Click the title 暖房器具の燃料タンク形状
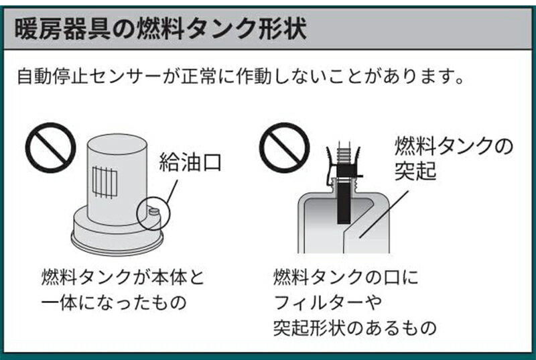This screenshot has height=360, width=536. (160, 29)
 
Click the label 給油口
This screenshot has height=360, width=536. (190, 162)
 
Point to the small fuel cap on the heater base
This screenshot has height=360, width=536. (154, 213)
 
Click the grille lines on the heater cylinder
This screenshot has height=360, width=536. (105, 182)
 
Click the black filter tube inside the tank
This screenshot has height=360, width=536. (344, 202)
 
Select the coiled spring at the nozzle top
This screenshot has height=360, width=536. (344, 154)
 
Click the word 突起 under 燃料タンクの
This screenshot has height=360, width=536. (415, 170)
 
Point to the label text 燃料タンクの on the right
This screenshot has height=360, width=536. (454, 146)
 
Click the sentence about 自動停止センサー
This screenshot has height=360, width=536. (241, 77)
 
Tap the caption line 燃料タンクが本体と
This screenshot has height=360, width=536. (123, 277)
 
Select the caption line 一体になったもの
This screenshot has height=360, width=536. (113, 302)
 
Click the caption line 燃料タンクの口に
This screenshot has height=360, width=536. (346, 277)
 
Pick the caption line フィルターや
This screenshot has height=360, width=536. (328, 302)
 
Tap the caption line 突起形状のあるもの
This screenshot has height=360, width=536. (355, 328)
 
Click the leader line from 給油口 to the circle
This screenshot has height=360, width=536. (172, 192)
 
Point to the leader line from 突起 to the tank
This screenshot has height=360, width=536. (383, 215)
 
